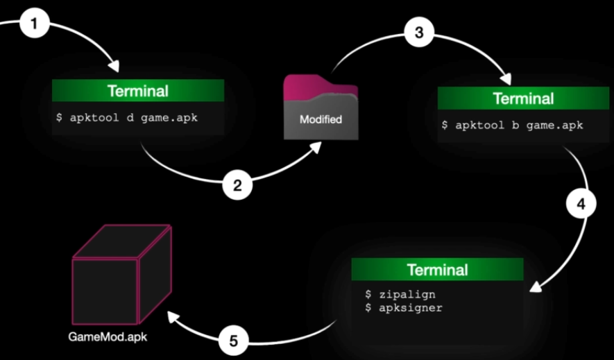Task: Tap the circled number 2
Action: tap(237, 185)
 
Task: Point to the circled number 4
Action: tap(580, 206)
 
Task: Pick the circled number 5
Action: tap(233, 341)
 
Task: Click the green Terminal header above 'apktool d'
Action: tap(137, 91)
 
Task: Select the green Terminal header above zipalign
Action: tap(437, 269)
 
